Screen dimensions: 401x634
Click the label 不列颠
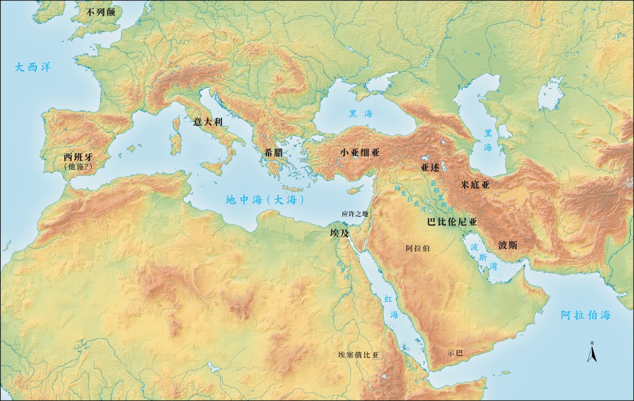tap(101, 12)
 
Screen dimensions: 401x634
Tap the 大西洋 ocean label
tap(33, 67)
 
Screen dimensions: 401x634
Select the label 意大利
tap(207, 122)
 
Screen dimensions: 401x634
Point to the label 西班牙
tap(80, 157)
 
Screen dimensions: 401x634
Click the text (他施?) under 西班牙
tap(80, 167)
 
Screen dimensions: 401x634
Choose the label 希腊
tap(274, 152)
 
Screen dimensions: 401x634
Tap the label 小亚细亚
tap(360, 152)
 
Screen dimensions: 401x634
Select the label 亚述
tap(430, 167)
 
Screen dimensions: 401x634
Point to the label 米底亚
tap(475, 185)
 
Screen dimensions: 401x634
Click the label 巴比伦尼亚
tap(452, 222)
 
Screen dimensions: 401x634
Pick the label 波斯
tap(508, 245)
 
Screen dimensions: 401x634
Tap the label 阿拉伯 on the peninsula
tap(418, 248)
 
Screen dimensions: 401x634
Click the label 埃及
tap(339, 233)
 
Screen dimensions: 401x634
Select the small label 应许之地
tap(355, 214)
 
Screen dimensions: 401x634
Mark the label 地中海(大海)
tap(265, 200)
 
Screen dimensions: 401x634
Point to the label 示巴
tap(455, 353)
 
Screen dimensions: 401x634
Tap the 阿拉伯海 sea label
tap(585, 315)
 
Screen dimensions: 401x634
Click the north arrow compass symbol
tap(591, 353)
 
